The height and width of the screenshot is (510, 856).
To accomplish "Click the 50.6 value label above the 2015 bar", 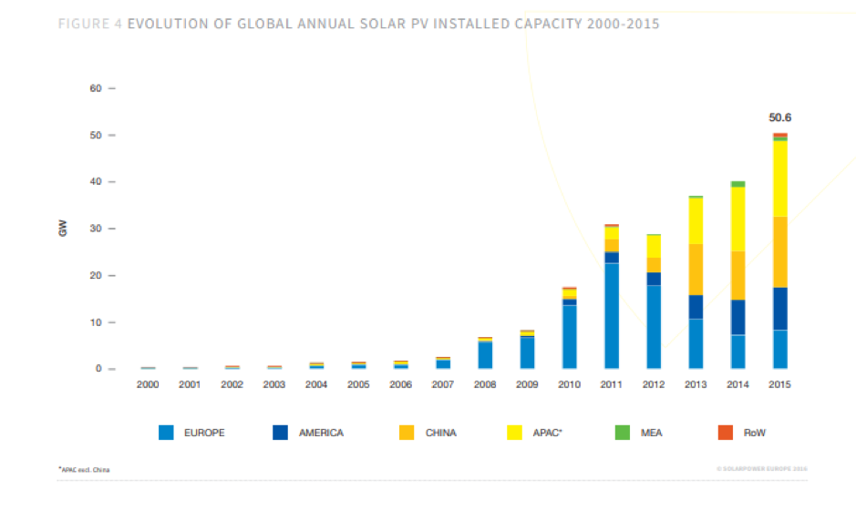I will click(x=779, y=117).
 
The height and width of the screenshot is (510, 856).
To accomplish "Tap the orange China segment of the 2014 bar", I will click(x=737, y=275).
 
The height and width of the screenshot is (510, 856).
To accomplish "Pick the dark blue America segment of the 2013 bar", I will click(x=696, y=307).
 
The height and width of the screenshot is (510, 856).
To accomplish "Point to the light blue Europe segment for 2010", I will click(x=569, y=336).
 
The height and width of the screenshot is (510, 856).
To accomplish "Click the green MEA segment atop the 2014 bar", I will click(x=737, y=184).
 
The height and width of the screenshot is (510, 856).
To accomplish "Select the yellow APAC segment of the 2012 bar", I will click(x=654, y=246).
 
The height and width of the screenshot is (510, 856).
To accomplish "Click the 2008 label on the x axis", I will click(x=485, y=385).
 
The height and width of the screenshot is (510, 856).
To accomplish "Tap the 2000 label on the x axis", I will click(x=148, y=385).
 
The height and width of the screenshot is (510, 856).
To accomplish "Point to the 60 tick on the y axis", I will click(x=96, y=88).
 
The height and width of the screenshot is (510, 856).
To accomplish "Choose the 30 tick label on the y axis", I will click(x=96, y=229).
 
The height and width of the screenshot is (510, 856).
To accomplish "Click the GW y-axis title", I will click(x=62, y=229).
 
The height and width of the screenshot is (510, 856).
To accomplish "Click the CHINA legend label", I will click(x=440, y=433).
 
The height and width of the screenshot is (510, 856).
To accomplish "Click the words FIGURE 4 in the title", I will click(x=89, y=24).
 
